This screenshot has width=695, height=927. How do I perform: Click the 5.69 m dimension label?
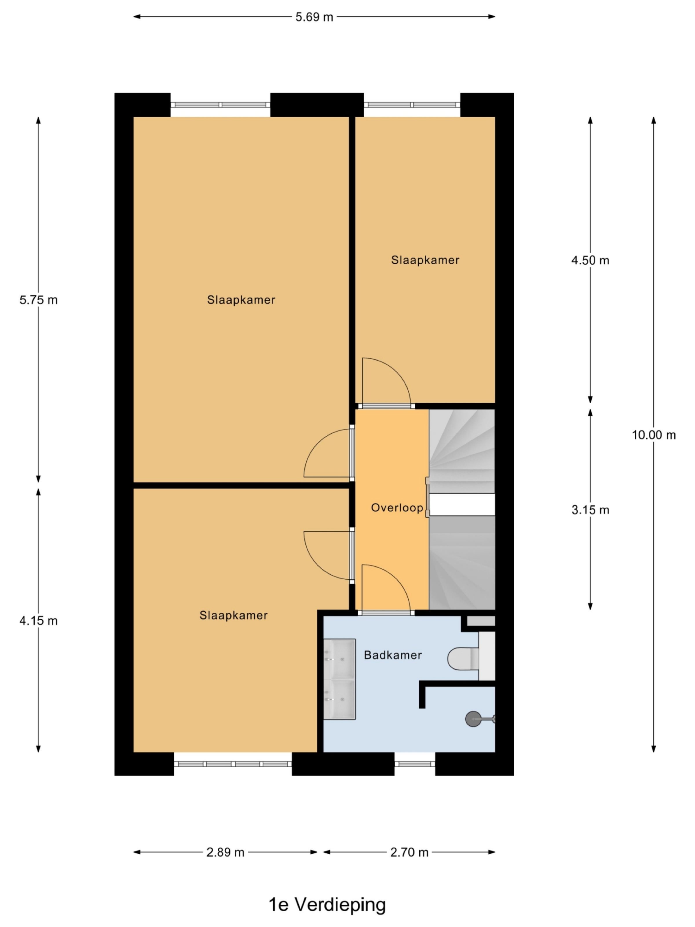tap(314, 17)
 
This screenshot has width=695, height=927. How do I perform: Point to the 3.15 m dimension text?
tap(590, 510)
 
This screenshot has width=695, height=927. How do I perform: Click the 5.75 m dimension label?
tap(38, 300)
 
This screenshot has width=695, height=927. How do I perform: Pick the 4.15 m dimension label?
tap(38, 621)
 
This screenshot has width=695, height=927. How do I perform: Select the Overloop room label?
tap(397, 508)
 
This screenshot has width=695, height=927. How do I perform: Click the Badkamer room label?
tap(393, 655)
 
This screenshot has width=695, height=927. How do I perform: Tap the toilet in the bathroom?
tap(463, 659)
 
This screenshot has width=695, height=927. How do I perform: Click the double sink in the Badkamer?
tap(339, 679)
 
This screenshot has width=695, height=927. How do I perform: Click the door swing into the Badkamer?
tap(385, 589)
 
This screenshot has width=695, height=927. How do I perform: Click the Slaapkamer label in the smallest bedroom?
tap(425, 260)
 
